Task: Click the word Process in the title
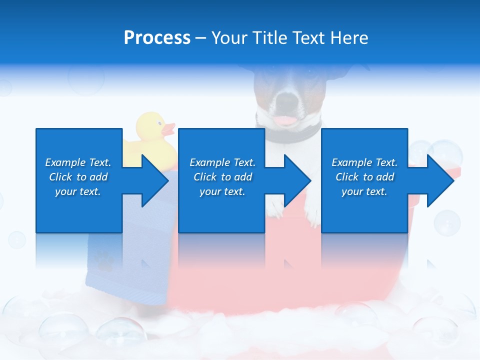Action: pyautogui.click(x=157, y=38)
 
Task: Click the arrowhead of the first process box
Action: pyautogui.click(x=155, y=180)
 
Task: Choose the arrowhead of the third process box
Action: pyautogui.click(x=440, y=180)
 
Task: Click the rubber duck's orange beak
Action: pyautogui.click(x=168, y=128)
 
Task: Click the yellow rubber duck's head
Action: pyautogui.click(x=151, y=125)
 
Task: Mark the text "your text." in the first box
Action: pyautogui.click(x=78, y=191)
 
